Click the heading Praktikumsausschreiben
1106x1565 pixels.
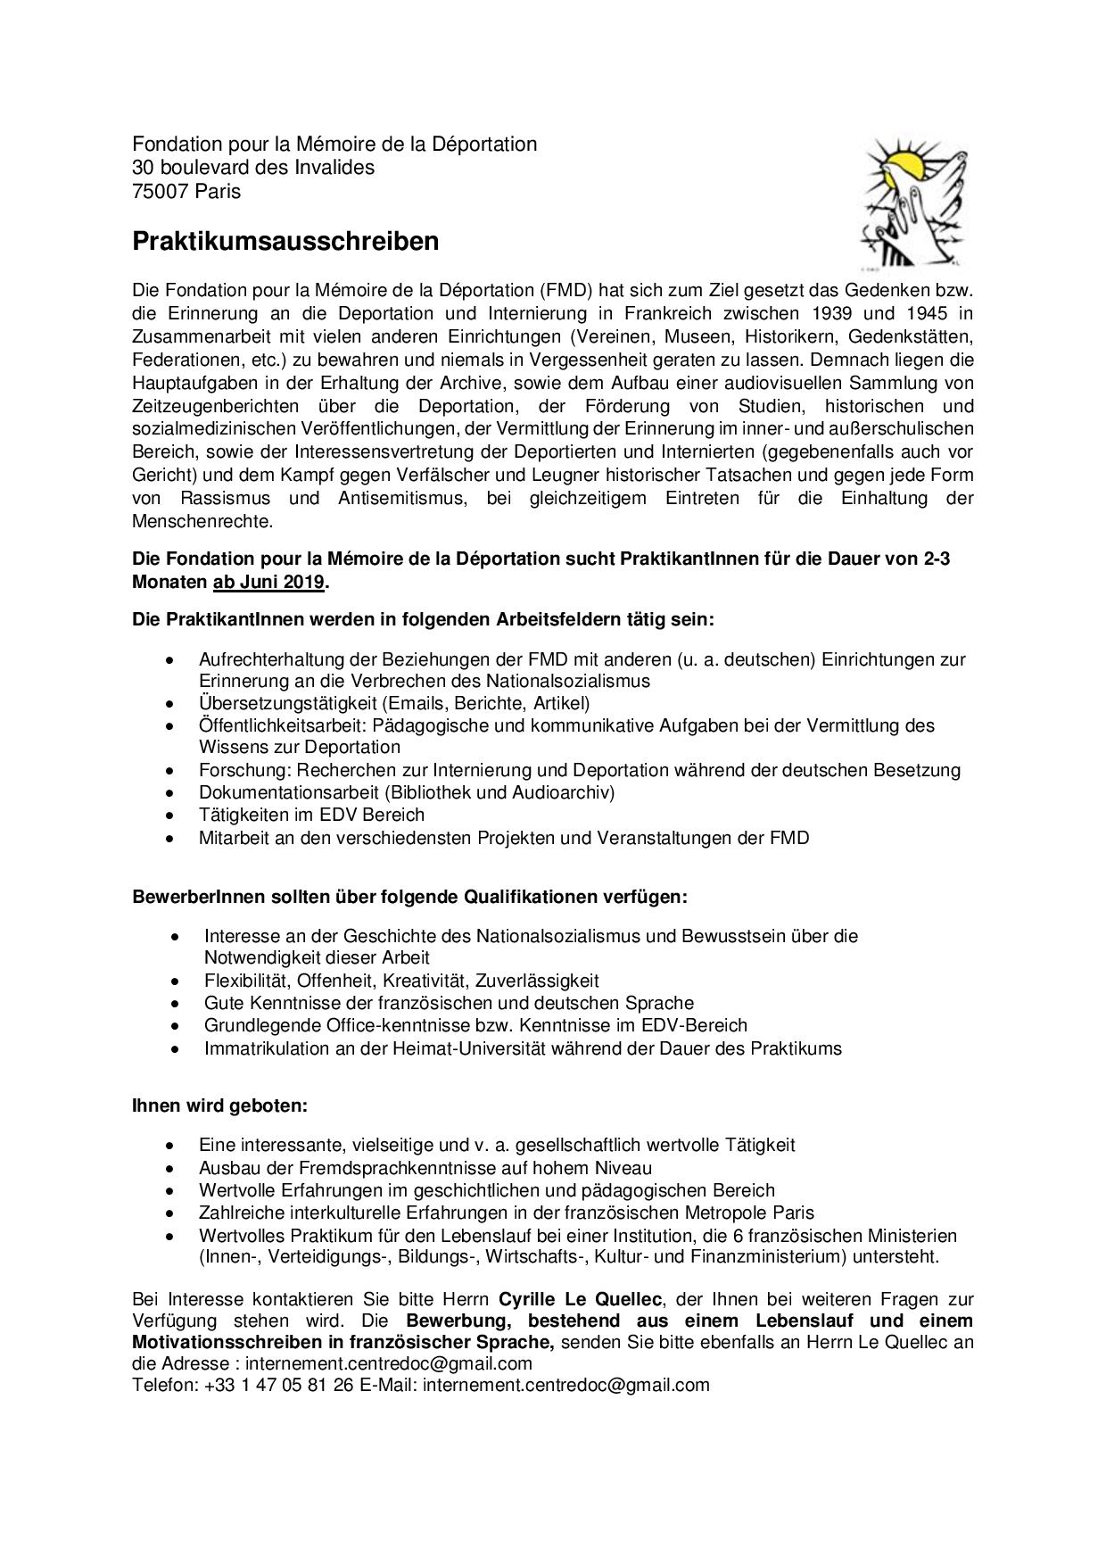tap(285, 242)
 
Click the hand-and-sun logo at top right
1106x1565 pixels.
tap(912, 202)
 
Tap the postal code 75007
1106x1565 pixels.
tap(161, 191)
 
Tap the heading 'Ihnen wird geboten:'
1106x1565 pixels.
tap(219, 1105)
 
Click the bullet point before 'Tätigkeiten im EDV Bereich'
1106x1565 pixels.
tap(169, 816)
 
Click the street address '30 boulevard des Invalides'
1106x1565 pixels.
tap(253, 168)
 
